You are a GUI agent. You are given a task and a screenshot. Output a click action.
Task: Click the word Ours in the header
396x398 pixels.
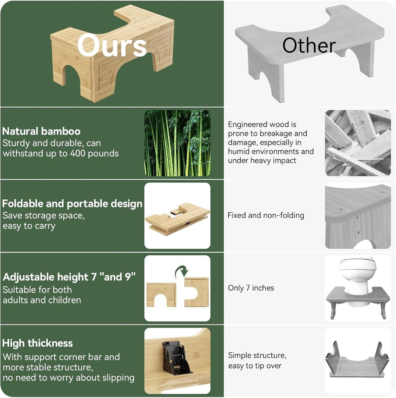[x=112, y=45]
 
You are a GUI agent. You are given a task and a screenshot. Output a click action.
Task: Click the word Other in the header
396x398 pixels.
[x=309, y=46]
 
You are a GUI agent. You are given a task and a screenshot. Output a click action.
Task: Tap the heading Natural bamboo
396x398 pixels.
[x=41, y=131]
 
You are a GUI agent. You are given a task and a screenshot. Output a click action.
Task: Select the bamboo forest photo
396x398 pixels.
[x=177, y=143]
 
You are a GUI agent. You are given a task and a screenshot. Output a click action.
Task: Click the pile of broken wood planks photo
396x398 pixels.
[x=358, y=143]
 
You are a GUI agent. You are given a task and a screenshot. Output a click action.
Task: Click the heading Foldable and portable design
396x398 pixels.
[x=72, y=204]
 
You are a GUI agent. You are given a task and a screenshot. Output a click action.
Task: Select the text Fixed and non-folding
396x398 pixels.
[x=266, y=215]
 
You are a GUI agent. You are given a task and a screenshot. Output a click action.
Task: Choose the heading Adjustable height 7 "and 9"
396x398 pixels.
[x=69, y=277]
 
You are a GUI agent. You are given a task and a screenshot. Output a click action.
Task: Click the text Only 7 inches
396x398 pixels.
[x=251, y=288]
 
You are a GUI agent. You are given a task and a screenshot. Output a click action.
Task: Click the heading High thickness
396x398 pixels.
[x=37, y=343]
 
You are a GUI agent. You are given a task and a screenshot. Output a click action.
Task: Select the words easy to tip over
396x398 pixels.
[x=255, y=366]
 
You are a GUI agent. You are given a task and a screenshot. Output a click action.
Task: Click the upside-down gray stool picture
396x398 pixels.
[x=357, y=360]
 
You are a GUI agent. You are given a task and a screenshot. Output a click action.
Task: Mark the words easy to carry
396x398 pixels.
[x=29, y=226]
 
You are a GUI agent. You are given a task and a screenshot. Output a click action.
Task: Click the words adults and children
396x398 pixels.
[x=42, y=300]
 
